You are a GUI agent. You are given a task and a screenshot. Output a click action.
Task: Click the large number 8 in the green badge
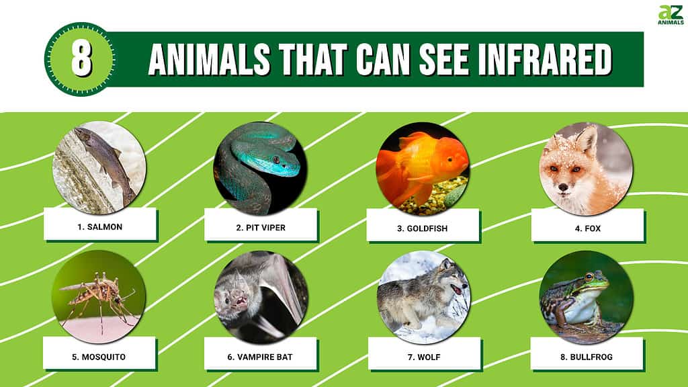point(81,59)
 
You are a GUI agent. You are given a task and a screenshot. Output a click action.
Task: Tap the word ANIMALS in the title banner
point(210,59)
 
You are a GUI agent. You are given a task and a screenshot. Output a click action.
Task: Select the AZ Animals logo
point(671,15)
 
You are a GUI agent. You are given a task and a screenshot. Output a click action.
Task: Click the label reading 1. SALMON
point(100,227)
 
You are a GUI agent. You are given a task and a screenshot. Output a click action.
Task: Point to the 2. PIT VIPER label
point(261,228)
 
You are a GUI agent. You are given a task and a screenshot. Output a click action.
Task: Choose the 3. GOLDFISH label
point(423,228)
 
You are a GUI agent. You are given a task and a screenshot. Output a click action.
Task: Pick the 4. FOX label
point(587,228)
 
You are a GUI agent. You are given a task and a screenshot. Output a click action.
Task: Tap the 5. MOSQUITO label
point(99,357)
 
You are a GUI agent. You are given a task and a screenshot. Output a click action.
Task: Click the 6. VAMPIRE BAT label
point(260,357)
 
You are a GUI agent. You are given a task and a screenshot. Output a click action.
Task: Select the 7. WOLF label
point(425,357)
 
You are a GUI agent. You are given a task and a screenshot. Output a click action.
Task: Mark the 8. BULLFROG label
point(587,357)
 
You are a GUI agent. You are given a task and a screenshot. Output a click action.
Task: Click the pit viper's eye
point(276,159)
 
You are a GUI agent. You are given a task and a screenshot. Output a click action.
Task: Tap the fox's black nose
point(562,187)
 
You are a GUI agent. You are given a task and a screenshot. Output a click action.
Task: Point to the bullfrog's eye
point(589,276)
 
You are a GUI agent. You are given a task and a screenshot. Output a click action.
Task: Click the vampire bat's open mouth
point(240,302)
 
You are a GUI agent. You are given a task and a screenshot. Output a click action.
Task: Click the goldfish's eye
point(450,159)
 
